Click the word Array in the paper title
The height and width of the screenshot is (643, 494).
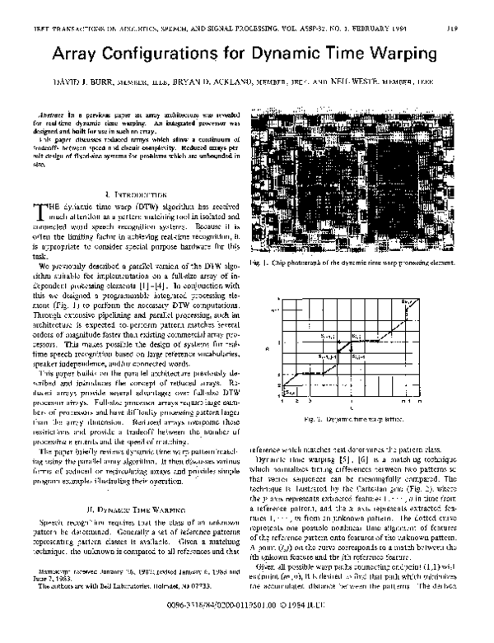78,56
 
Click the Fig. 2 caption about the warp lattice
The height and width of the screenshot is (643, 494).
354,420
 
